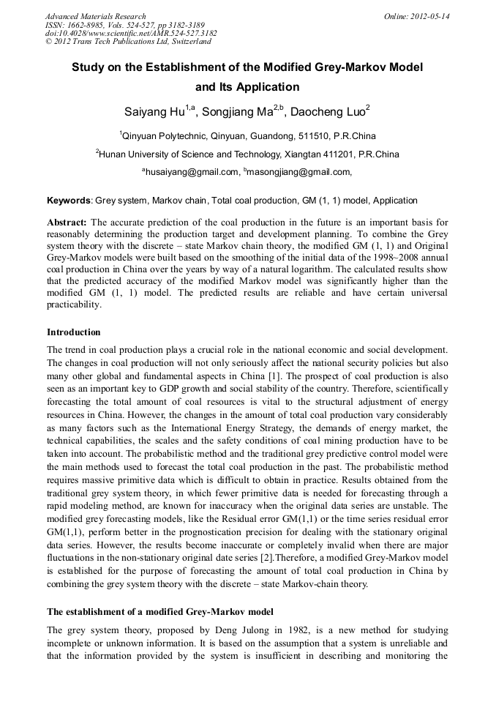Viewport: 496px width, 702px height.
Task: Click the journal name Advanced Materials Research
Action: [95, 16]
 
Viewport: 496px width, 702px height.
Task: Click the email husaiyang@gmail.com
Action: [192, 172]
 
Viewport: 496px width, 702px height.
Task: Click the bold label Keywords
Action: [69, 200]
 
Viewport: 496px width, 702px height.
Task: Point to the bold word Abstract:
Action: [67, 222]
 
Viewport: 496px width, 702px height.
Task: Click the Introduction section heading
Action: [73, 332]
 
